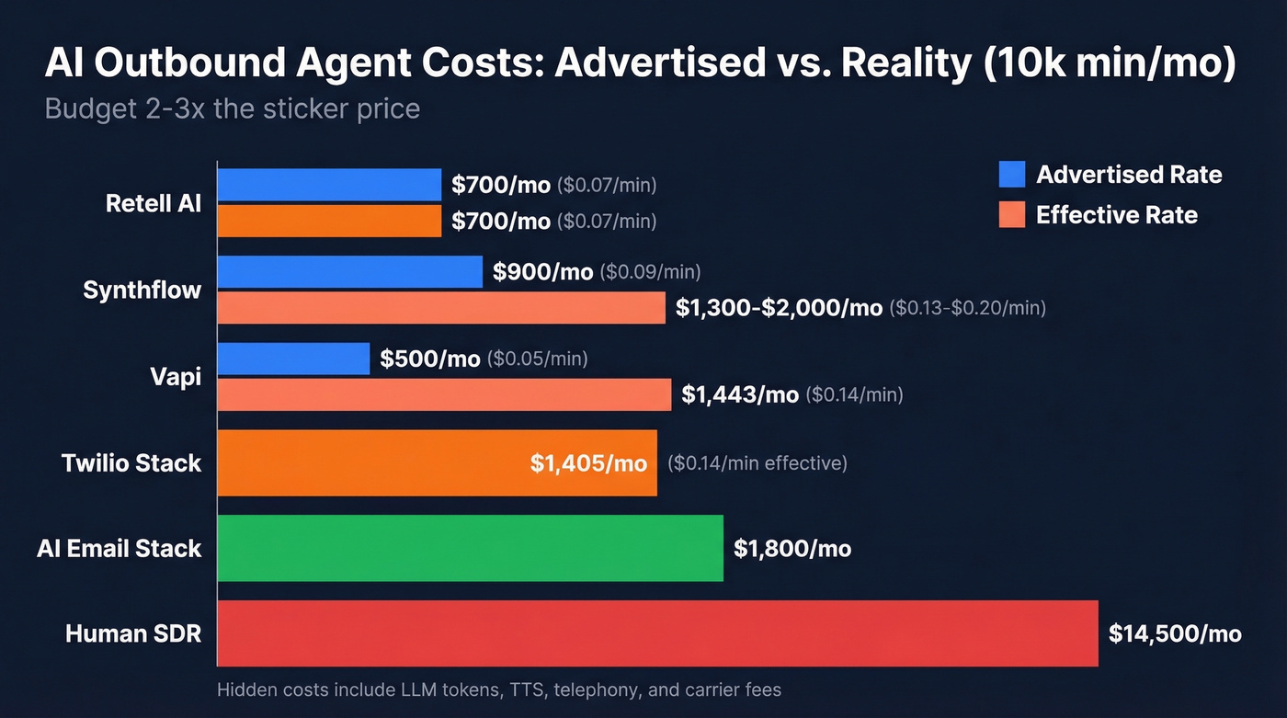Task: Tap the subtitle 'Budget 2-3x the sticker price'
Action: point(232,108)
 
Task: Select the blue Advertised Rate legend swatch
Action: point(1011,175)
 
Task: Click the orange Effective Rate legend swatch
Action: point(1011,215)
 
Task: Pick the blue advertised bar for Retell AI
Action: point(329,185)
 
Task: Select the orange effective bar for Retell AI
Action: point(329,222)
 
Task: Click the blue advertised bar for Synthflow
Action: point(349,272)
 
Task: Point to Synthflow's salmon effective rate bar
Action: point(441,308)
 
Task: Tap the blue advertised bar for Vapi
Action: point(293,359)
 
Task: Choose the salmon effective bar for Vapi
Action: point(444,394)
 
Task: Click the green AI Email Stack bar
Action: point(470,549)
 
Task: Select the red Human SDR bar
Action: point(657,633)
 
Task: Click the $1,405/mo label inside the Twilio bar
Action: point(588,463)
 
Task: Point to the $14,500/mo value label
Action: point(1175,633)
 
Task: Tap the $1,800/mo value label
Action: point(792,549)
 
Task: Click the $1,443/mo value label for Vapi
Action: point(740,394)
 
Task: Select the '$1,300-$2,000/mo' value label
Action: point(779,308)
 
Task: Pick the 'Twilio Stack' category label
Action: point(131,462)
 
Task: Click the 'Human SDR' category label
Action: point(133,633)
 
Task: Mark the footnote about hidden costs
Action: point(498,689)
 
